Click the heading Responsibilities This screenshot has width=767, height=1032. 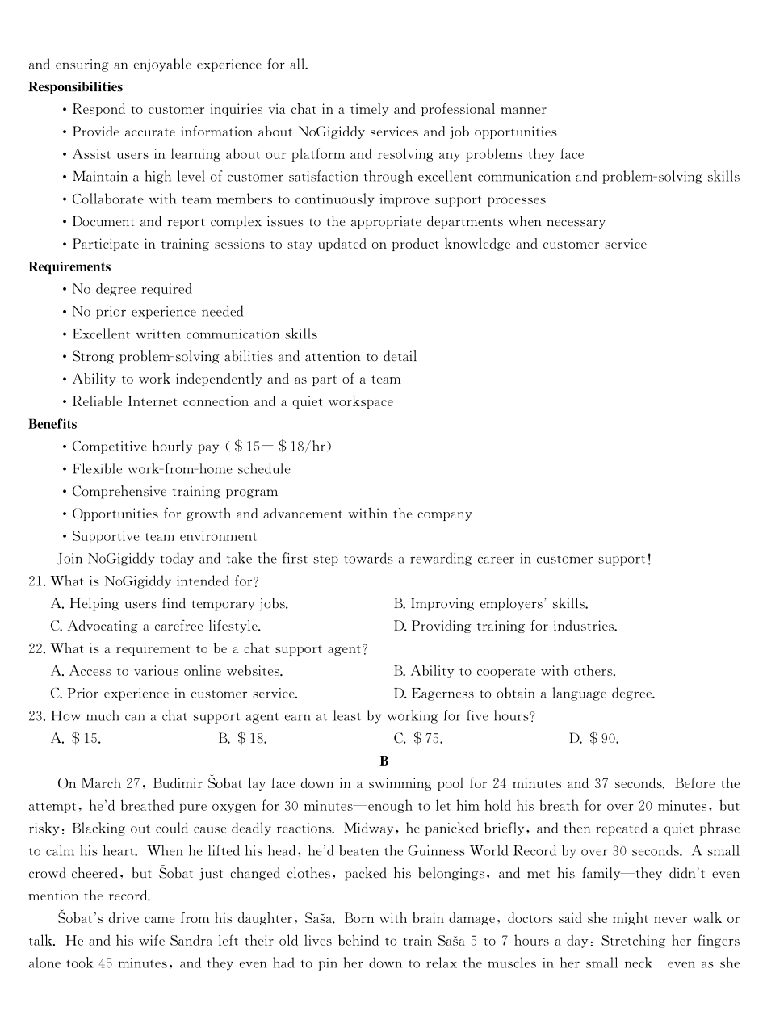tap(75, 86)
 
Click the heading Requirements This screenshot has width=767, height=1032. tap(69, 266)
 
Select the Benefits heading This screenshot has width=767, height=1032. tap(52, 424)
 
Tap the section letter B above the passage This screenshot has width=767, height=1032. tap(384, 761)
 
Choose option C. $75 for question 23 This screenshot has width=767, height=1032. tap(417, 738)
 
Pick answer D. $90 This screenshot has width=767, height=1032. tap(593, 738)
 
